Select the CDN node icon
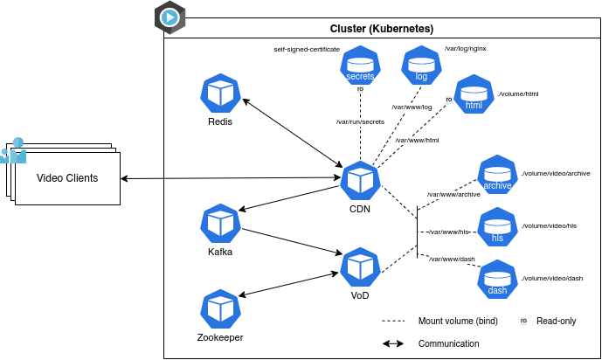(360, 181)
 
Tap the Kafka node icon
(220, 224)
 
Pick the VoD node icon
(360, 267)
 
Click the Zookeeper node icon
(220, 309)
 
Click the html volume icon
(474, 94)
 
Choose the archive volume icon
(498, 175)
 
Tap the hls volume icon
(498, 227)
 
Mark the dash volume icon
(498, 280)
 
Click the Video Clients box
(67, 178)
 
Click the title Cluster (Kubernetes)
(382, 29)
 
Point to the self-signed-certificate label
(307, 50)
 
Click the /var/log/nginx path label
(465, 49)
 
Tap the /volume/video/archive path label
(556, 174)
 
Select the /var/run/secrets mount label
(360, 121)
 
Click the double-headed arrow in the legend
(393, 343)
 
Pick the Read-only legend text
(556, 321)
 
